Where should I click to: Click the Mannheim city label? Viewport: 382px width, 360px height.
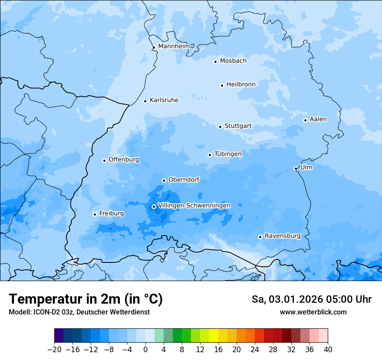[174, 46]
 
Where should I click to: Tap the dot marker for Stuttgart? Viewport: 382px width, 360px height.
[220, 127]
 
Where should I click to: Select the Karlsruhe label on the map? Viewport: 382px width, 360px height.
[164, 100]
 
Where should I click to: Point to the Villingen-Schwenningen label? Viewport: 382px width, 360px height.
[194, 206]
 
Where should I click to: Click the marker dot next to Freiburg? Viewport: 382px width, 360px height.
[95, 214]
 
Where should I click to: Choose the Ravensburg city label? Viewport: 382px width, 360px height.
[282, 236]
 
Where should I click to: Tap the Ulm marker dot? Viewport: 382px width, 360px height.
[296, 168]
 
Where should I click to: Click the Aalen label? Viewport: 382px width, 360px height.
[318, 119]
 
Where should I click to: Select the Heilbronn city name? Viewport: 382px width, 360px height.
[241, 85]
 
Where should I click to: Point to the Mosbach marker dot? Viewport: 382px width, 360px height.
[215, 62]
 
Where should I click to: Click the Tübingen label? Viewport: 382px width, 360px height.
[227, 154]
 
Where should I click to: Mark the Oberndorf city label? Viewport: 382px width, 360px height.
[184, 180]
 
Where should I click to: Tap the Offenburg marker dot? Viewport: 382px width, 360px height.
[104, 160]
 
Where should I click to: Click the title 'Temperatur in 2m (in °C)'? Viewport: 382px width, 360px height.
[86, 299]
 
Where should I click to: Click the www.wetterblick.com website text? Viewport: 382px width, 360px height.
[313, 312]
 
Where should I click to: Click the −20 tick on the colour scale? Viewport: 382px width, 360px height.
[55, 350]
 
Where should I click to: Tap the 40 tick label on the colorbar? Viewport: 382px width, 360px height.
[328, 350]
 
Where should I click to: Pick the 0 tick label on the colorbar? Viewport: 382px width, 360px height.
[145, 350]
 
